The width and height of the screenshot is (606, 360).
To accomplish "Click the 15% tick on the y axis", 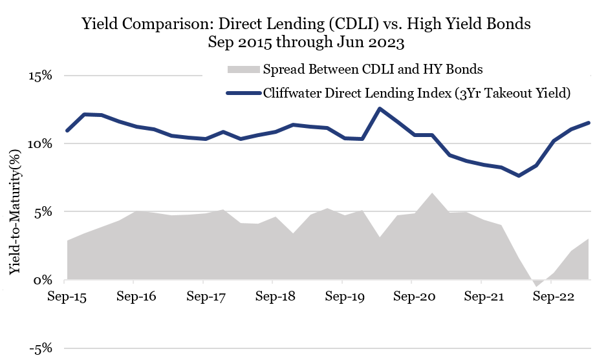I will pos(39,76).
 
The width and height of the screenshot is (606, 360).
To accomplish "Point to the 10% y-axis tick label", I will pos(39,143).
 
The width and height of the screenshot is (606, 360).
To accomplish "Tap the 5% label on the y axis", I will pos(43,212).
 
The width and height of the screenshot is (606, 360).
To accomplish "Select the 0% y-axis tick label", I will pos(43,281).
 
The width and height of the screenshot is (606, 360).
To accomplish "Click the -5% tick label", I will pos(39,349).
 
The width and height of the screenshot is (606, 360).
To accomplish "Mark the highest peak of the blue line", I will pos(380,109).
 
